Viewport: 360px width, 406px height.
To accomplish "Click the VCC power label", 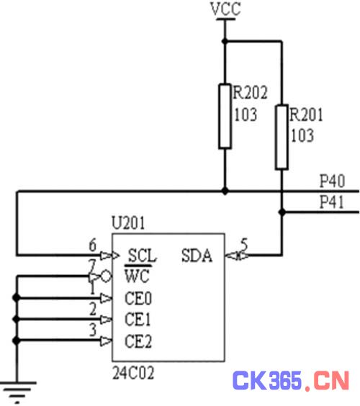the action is click(225, 9).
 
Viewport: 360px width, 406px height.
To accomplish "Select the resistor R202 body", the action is click(225, 117).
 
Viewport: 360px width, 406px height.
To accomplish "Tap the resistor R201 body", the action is click(282, 137).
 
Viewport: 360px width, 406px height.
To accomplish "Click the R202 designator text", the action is click(250, 92).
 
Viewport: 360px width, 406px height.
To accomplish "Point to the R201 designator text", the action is click(306, 114).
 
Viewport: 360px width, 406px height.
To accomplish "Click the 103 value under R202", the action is click(246, 114).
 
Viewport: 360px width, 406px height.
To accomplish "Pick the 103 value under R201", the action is click(302, 135).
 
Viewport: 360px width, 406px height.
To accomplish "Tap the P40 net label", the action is click(333, 181).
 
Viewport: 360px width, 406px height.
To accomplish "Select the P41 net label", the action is click(332, 202).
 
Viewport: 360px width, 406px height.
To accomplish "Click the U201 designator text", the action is click(128, 222).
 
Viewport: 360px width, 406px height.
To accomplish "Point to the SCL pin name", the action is click(142, 256).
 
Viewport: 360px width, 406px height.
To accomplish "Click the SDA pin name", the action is click(197, 256).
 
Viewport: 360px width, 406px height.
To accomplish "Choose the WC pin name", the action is click(138, 275).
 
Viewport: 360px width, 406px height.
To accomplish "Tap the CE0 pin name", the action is click(138, 298).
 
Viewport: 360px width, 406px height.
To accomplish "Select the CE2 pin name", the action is click(138, 341).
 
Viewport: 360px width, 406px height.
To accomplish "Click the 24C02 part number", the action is click(133, 373).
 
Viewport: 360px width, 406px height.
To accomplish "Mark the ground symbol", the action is click(17, 392).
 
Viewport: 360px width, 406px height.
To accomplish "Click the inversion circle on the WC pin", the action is click(106, 276).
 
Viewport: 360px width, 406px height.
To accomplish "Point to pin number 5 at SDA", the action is click(244, 244).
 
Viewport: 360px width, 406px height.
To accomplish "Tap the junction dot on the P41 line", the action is click(282, 212).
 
